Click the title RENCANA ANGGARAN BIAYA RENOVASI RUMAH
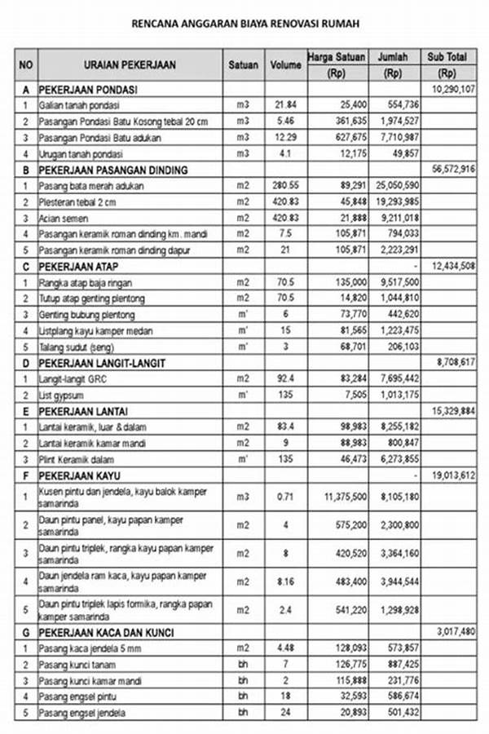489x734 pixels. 244,24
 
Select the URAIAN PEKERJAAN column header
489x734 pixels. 130,64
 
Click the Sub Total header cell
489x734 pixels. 447,57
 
